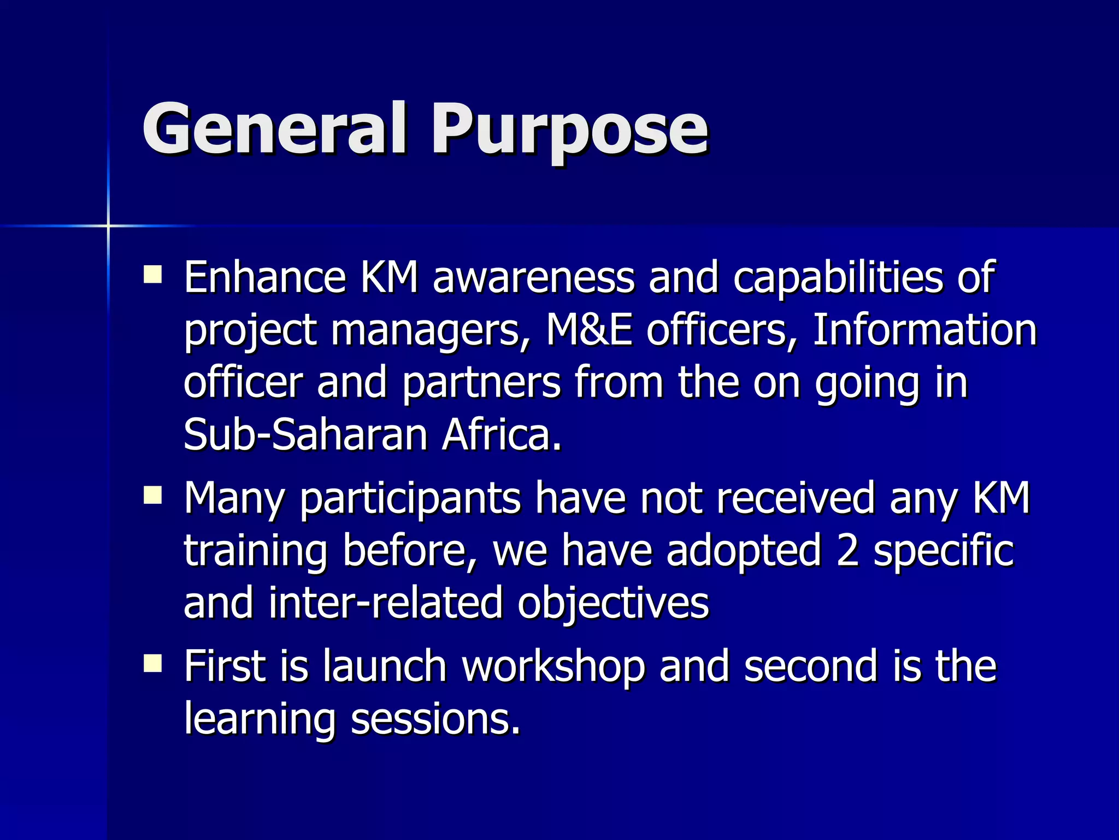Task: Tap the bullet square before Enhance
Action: pos(152,274)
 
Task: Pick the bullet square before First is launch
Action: pos(152,663)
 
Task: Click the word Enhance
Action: pos(264,277)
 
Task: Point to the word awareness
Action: pos(533,277)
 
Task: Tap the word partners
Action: pos(481,382)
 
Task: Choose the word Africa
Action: pos(502,435)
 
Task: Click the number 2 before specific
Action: pos(847,550)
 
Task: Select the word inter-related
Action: pos(386,603)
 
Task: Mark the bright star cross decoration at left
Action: pos(108,225)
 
